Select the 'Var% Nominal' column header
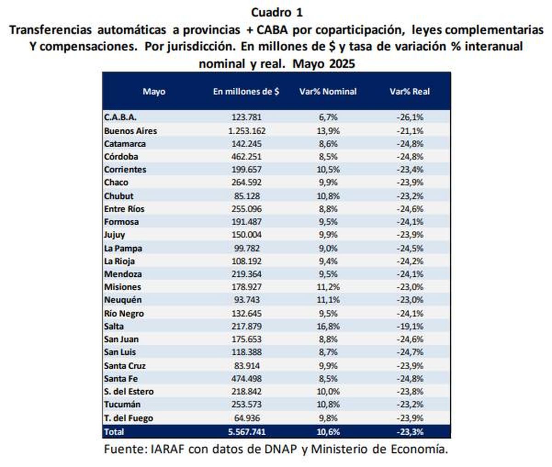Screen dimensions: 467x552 [x=328, y=91]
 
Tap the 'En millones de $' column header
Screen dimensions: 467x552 [x=246, y=91]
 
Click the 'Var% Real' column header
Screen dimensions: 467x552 [x=409, y=91]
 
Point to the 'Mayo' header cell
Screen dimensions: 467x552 [x=154, y=91]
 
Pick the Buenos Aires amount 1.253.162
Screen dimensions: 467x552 [x=246, y=131]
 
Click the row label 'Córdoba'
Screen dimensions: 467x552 [x=121, y=157]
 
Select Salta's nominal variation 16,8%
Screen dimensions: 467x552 [x=328, y=326]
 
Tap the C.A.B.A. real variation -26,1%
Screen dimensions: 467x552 [x=409, y=118]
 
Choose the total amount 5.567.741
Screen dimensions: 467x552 [x=246, y=432]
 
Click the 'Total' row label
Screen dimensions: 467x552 [x=114, y=432]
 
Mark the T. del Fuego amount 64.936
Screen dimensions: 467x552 [x=246, y=418]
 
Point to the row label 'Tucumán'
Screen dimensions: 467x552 [x=122, y=404]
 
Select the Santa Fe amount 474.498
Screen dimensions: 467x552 [x=246, y=379]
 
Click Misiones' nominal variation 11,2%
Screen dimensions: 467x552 [x=328, y=287]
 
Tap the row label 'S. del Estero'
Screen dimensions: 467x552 [x=129, y=392]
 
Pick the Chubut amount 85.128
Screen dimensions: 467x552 [x=246, y=196]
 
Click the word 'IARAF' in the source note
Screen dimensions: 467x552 [x=168, y=449]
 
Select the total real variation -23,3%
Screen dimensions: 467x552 [x=409, y=432]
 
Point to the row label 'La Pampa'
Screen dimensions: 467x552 [x=123, y=248]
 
